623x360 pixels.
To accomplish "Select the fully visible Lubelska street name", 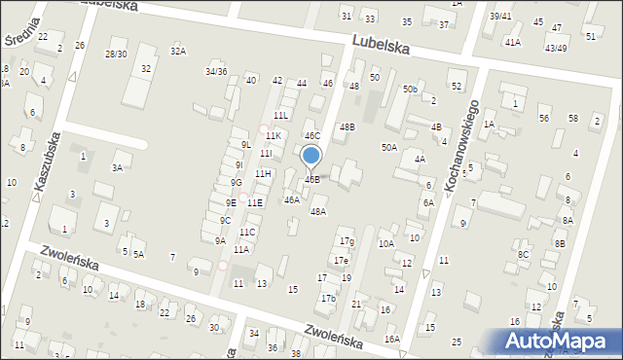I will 381,46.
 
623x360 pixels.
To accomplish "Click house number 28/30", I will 117,54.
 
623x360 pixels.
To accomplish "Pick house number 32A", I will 177,51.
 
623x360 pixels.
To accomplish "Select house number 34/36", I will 216,71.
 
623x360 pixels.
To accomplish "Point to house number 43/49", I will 557,48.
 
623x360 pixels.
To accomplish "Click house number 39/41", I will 500,17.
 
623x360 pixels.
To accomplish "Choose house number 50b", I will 410,90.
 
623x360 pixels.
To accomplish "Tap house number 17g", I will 346,240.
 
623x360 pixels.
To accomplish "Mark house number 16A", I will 391,339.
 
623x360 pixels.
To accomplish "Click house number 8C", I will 523,254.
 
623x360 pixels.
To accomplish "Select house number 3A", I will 117,167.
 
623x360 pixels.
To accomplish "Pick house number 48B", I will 347,127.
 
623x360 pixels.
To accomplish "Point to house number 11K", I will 274,136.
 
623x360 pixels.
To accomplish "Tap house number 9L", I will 246,145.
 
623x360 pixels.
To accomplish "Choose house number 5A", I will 139,254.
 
